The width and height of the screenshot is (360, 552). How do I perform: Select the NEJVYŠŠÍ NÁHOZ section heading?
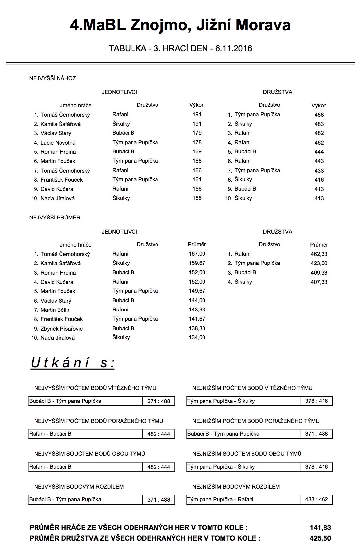(53, 78)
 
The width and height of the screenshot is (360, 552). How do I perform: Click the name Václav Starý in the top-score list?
(56, 133)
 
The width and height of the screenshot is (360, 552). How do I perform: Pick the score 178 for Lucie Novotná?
(197, 142)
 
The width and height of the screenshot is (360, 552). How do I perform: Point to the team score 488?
(319, 115)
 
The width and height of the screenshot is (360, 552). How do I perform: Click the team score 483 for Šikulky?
(319, 124)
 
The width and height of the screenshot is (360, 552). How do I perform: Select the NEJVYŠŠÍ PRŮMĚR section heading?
(55, 218)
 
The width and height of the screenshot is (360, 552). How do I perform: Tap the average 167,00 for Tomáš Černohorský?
(197, 254)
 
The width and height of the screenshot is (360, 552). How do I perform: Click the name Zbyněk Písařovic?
(61, 329)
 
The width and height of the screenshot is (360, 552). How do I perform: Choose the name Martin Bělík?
(55, 310)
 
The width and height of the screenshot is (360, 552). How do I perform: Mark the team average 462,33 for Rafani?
(319, 254)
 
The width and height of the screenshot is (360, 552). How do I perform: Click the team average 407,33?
(319, 282)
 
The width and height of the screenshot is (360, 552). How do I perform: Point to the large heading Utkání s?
(73, 363)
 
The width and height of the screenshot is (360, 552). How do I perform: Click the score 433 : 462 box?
(316, 499)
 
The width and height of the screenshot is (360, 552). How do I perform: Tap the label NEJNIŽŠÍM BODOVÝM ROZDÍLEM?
(236, 486)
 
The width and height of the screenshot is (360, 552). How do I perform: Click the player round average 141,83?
(320, 528)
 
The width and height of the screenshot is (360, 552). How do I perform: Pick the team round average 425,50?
(320, 538)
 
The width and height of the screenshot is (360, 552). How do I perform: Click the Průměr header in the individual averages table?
(197, 244)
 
